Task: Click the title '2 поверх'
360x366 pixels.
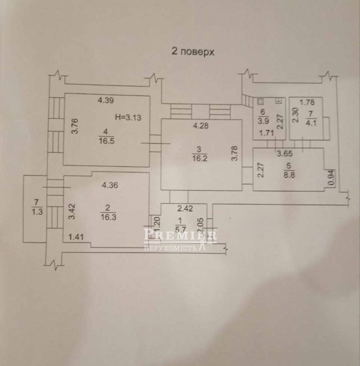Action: pos(193,52)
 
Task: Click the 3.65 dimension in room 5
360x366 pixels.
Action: pos(284,153)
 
